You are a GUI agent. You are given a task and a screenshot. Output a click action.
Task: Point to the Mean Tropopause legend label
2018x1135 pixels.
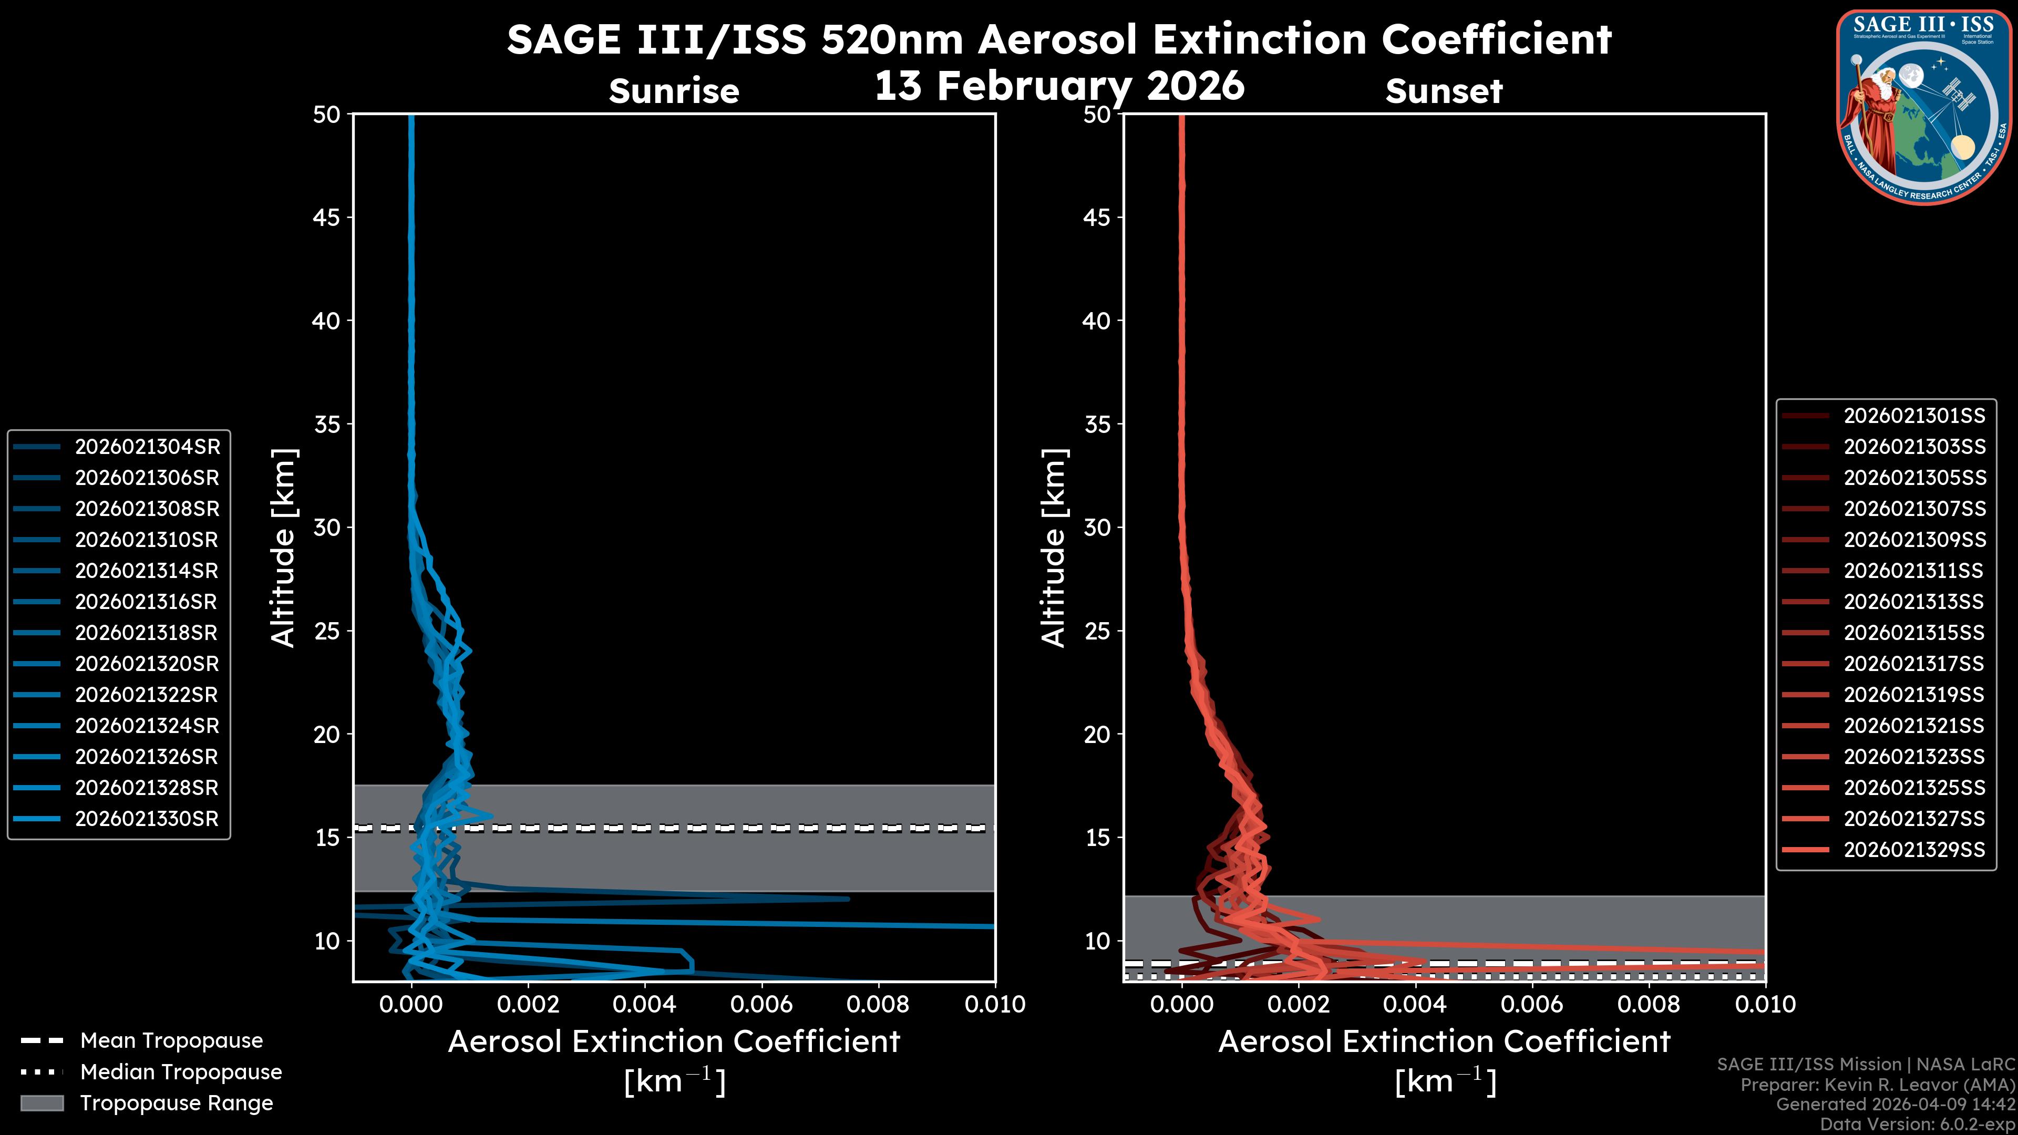click(x=171, y=1041)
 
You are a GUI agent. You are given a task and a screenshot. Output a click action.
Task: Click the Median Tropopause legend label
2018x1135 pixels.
click(x=181, y=1071)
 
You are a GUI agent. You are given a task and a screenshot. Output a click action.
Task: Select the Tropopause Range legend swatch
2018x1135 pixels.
click(x=42, y=1103)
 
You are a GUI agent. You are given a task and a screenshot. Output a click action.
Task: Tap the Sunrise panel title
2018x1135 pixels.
click(x=674, y=91)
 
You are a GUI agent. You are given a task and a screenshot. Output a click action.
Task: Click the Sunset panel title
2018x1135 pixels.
click(x=1444, y=91)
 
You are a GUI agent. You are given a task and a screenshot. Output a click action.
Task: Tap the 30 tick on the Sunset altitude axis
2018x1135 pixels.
click(x=1097, y=527)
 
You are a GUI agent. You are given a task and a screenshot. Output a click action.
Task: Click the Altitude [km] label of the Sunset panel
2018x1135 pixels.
click(x=1054, y=548)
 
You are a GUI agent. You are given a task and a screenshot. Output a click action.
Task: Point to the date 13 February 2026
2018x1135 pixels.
click(x=1059, y=85)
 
